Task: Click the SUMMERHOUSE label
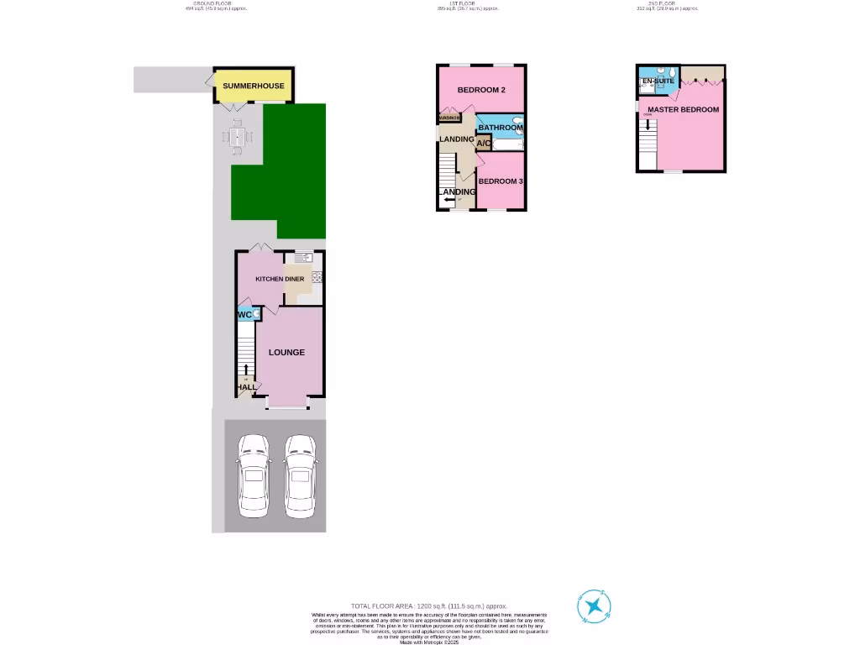[254, 86]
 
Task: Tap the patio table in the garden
[238, 136]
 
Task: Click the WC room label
[245, 315]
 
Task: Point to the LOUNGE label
[286, 352]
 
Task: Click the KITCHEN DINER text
[281, 279]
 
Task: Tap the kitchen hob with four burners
[317, 277]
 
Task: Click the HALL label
[246, 387]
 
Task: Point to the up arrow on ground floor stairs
[246, 370]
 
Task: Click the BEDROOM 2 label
[480, 90]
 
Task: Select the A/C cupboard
[484, 144]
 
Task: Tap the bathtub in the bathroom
[506, 144]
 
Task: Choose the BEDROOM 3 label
[501, 181]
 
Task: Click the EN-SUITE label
[658, 81]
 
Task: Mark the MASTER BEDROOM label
[684, 109]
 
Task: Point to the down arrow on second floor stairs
[648, 126]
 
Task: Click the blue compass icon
[594, 606]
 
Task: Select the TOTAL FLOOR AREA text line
[430, 606]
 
